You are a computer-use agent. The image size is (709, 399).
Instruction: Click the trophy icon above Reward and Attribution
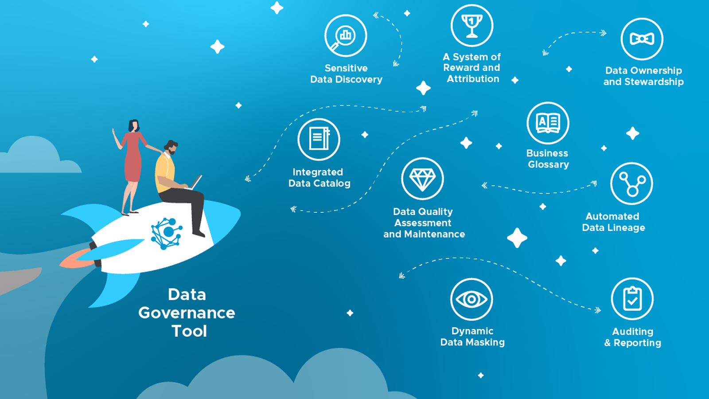coord(472,26)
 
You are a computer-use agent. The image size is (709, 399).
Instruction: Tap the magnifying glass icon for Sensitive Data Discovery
coord(345,35)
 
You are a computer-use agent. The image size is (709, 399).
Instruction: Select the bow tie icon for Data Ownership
coord(642,39)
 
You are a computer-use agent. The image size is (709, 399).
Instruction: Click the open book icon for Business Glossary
coord(548,123)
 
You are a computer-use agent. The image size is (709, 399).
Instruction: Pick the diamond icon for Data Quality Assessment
coord(422,179)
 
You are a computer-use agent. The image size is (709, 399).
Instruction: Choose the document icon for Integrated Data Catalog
coord(319,139)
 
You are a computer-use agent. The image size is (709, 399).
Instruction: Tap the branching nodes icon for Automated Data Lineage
coord(631,184)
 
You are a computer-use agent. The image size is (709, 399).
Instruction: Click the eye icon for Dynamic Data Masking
coord(471,299)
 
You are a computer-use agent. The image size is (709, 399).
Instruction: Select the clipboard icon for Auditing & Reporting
coord(632,299)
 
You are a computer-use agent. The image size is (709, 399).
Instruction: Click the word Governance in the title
coord(187,313)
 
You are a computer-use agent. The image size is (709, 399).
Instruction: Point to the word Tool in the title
coord(189,331)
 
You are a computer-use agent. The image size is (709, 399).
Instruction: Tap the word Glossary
coord(549,164)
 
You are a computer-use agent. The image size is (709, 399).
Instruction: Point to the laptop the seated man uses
coord(196,182)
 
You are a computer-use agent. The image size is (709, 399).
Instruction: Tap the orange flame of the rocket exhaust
coord(73,260)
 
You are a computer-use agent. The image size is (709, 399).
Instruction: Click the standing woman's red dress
coord(132,157)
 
